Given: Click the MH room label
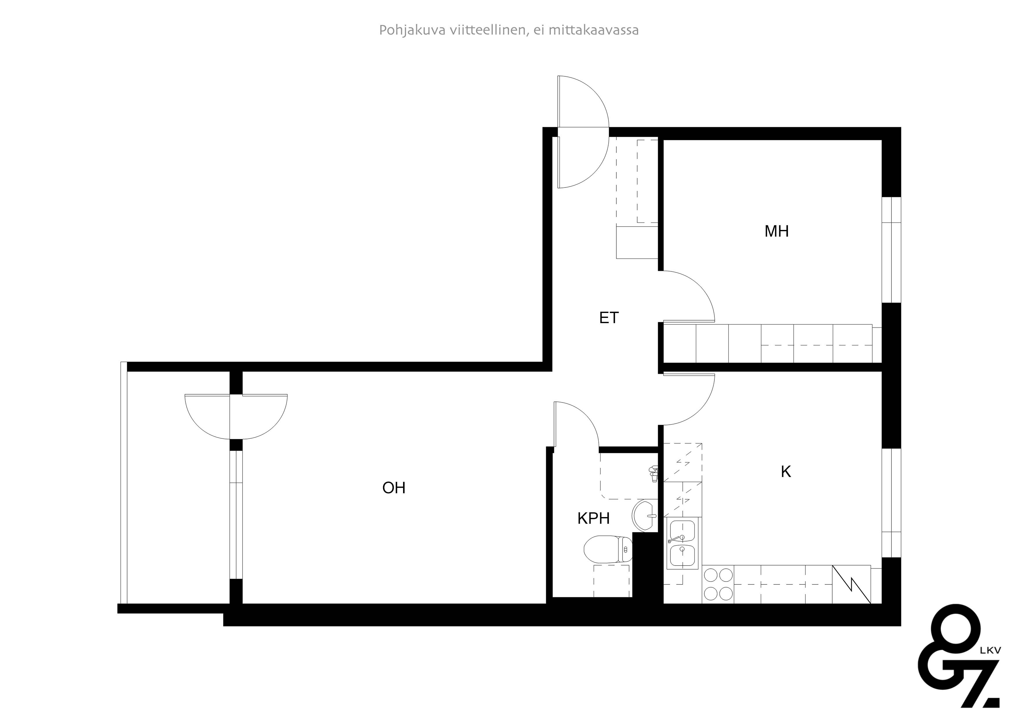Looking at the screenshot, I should (x=776, y=231).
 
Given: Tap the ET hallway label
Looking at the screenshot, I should (x=609, y=318).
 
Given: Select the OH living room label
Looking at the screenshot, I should (x=394, y=488).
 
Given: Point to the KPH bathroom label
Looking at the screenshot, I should (x=593, y=518).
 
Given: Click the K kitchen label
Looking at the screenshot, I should (x=786, y=471).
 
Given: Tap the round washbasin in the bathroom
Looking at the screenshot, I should (x=645, y=515).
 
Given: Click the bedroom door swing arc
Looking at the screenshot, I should (x=692, y=293).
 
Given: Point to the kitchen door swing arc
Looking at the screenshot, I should (x=692, y=402).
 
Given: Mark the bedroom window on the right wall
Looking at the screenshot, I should (x=891, y=250).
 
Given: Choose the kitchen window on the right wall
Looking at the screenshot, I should (x=891, y=503).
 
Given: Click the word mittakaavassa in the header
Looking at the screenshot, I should (x=594, y=30).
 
